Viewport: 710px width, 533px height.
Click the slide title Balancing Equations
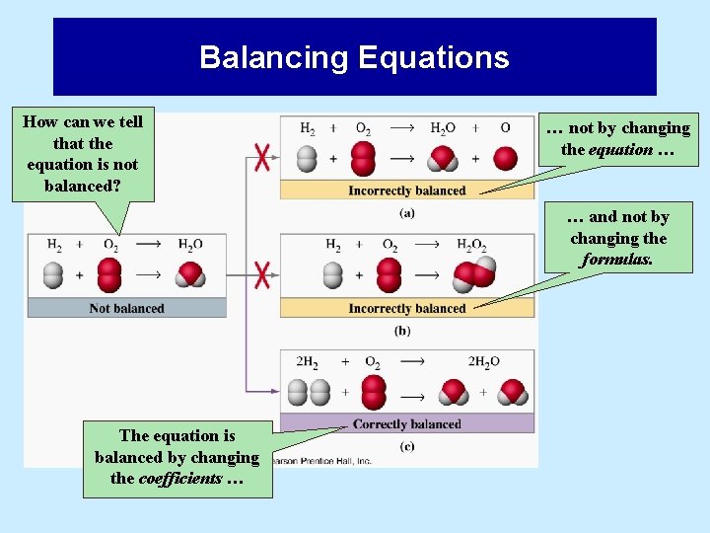tap(354, 57)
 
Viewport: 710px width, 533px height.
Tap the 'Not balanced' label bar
tap(126, 308)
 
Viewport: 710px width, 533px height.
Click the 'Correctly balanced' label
tap(406, 423)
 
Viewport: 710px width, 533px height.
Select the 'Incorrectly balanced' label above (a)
tap(406, 190)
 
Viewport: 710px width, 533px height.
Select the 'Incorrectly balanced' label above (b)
tap(406, 308)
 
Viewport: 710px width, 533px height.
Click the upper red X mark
tap(261, 158)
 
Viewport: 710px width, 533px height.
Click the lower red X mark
tap(261, 274)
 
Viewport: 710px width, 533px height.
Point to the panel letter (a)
tap(406, 213)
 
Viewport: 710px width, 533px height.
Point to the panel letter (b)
tap(402, 331)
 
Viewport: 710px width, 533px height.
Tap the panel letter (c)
tap(406, 446)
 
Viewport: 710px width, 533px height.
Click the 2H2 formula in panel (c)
tap(308, 362)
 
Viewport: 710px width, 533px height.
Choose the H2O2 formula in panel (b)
tap(471, 245)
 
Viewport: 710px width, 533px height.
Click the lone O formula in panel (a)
tap(505, 128)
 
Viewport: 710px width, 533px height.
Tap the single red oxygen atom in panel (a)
tap(505, 158)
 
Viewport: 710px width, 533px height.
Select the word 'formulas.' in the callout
tap(618, 261)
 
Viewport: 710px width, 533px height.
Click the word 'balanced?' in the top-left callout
tap(83, 186)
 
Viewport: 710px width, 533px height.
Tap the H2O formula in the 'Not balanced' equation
tap(190, 245)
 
